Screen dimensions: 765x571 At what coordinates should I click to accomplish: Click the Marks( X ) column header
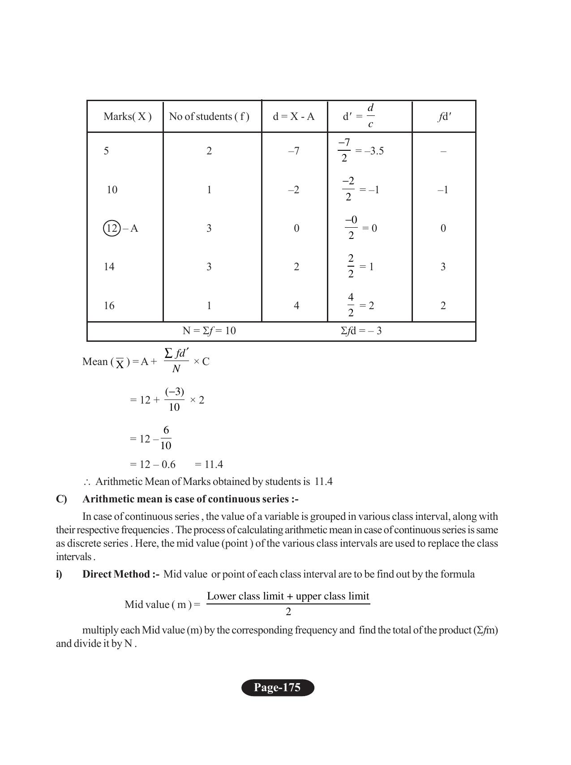click(x=127, y=117)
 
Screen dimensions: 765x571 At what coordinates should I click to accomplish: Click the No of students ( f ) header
click(x=209, y=117)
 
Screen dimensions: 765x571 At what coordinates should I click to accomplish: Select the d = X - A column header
click(x=294, y=117)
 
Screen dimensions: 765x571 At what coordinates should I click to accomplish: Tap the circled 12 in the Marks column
click(x=112, y=229)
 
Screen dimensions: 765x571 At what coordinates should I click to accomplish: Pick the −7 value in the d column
click(x=294, y=151)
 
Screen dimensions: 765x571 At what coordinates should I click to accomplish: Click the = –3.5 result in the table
click(x=369, y=151)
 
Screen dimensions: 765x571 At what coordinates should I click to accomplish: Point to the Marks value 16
click(x=109, y=306)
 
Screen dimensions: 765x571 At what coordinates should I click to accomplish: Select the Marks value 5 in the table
click(x=106, y=151)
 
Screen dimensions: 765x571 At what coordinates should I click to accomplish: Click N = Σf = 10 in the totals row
click(x=209, y=331)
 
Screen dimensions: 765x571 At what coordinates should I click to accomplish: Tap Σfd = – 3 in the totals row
click(x=361, y=331)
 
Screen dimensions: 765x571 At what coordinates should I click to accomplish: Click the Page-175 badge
click(x=278, y=688)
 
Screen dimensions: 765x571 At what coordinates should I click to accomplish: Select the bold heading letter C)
click(x=61, y=499)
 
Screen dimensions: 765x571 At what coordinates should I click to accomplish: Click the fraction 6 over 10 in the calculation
click(x=166, y=438)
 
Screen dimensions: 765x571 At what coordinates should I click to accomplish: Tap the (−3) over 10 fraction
click(x=174, y=399)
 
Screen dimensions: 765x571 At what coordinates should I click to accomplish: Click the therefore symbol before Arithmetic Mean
click(x=86, y=482)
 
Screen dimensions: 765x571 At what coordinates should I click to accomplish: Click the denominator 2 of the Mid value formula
click(x=288, y=612)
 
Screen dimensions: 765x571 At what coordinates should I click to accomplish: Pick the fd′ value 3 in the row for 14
click(x=443, y=267)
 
